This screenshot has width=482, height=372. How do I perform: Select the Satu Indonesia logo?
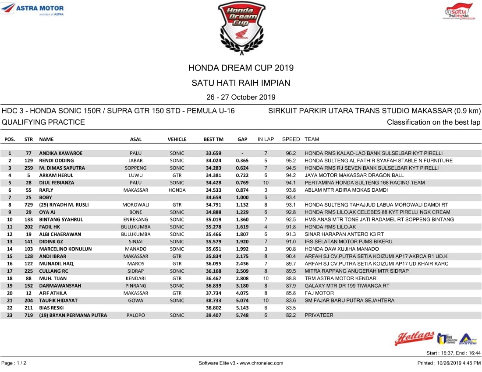[x=459, y=11]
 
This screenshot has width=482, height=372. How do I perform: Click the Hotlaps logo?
[x=415, y=338]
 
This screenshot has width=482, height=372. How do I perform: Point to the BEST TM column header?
[x=213, y=140]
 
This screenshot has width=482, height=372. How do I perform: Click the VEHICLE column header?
[x=177, y=140]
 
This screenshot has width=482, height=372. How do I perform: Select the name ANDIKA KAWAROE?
[x=60, y=154]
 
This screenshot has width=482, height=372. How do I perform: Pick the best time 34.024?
[x=213, y=161]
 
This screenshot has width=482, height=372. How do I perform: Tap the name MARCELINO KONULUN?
[x=65, y=249]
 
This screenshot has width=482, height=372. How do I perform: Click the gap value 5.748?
[x=242, y=315]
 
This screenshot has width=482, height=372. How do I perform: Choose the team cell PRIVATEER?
[x=319, y=315]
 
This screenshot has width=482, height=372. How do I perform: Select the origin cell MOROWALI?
[x=136, y=205]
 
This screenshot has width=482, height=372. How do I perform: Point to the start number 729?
[x=28, y=205]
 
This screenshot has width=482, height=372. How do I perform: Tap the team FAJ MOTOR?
[x=319, y=293]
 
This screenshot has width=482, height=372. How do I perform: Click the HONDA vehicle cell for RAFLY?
[x=177, y=190]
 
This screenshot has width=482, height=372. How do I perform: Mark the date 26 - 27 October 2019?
[x=241, y=97]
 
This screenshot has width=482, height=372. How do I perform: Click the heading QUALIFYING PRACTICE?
[x=43, y=122]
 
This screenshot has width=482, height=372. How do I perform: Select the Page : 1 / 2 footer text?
[x=14, y=363]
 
